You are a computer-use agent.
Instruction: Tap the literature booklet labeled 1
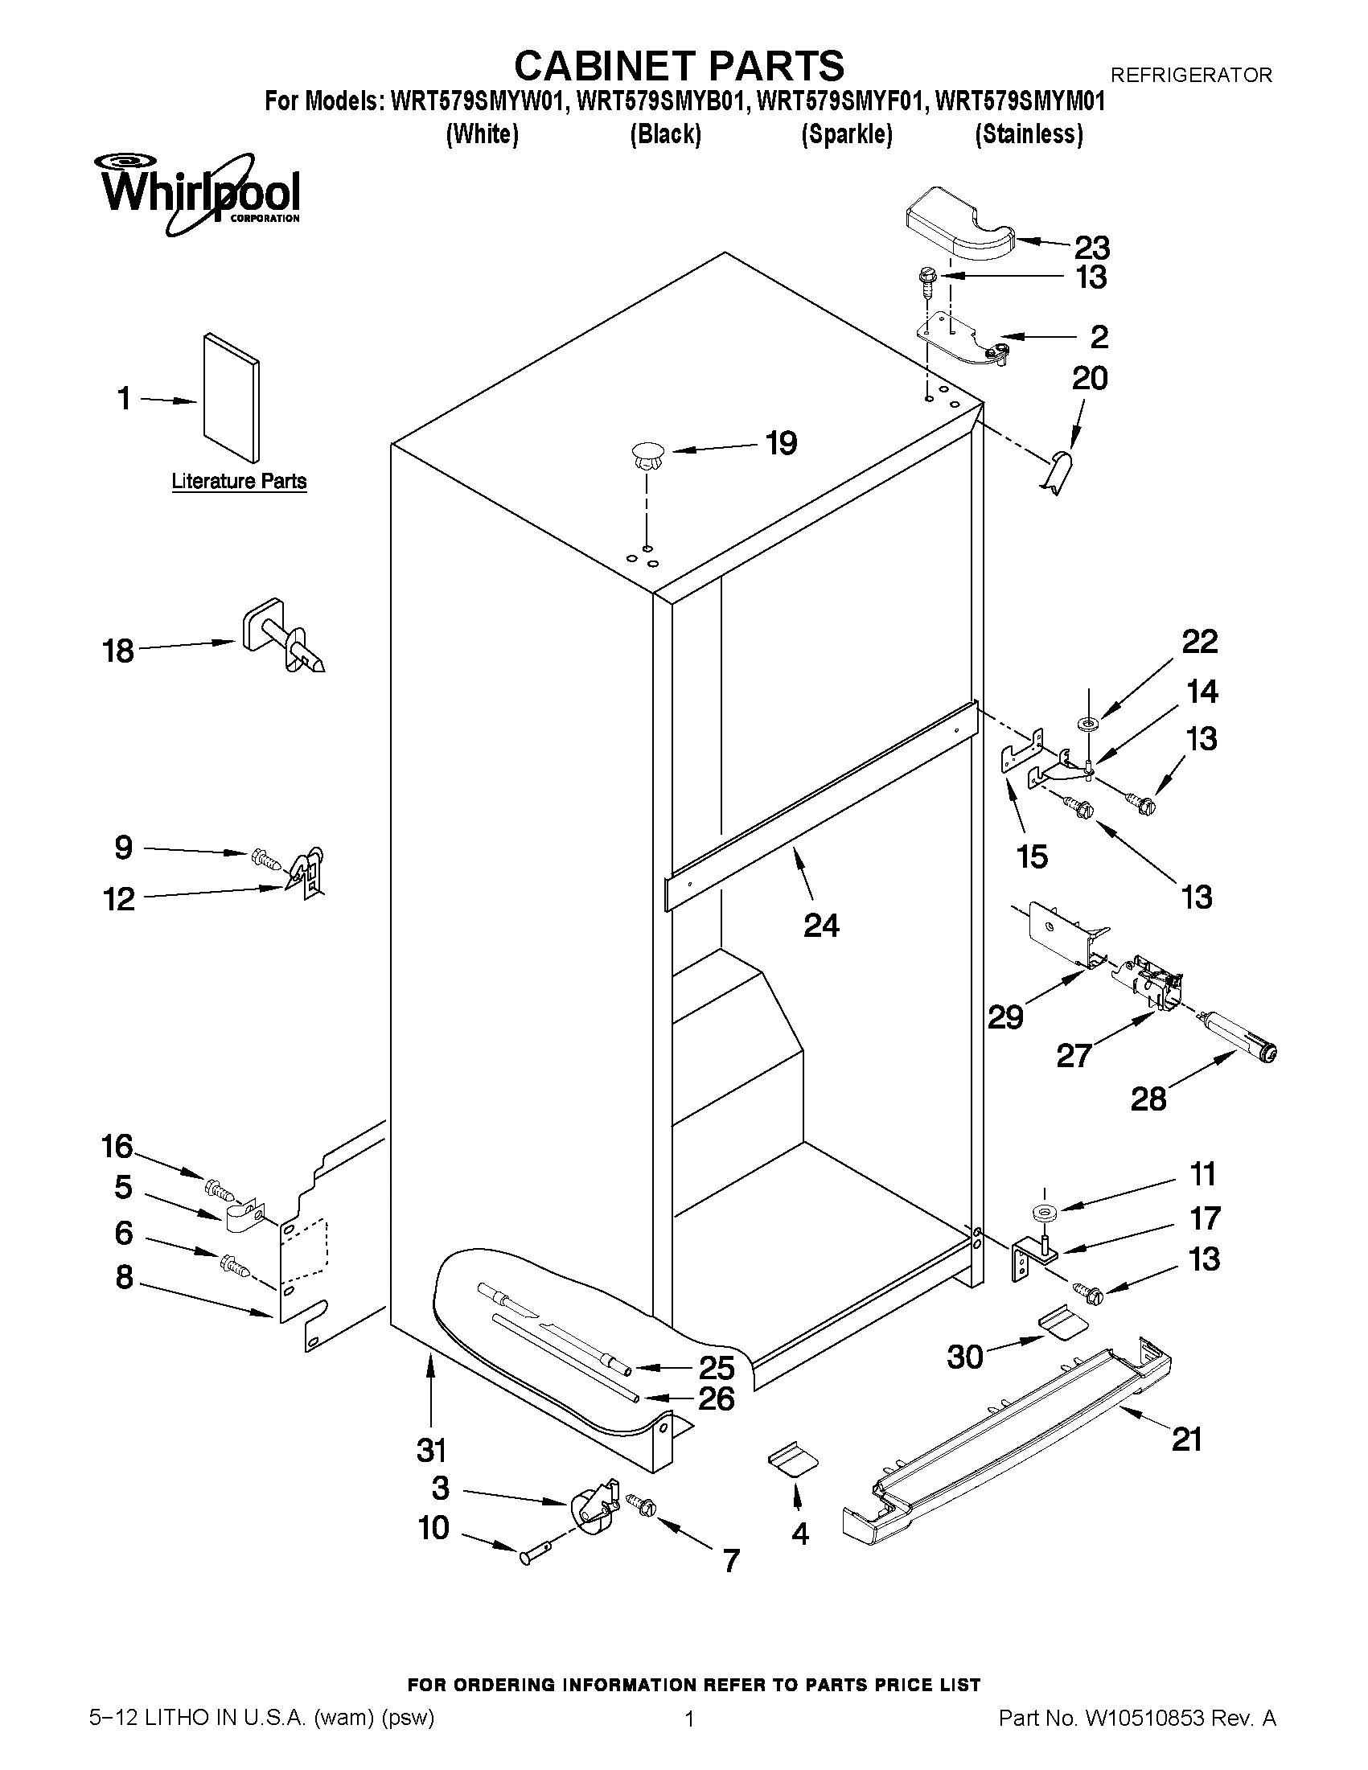coord(232,396)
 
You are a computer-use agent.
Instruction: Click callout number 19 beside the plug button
coord(781,444)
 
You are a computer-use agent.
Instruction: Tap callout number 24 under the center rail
coord(820,926)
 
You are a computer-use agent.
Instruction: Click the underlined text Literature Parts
coord(239,482)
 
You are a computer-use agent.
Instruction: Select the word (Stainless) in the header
coord(1029,133)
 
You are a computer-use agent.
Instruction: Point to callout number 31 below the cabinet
coord(431,1449)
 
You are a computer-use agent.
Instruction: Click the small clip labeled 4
coord(793,1460)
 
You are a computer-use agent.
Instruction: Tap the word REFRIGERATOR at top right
coord(1190,76)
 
